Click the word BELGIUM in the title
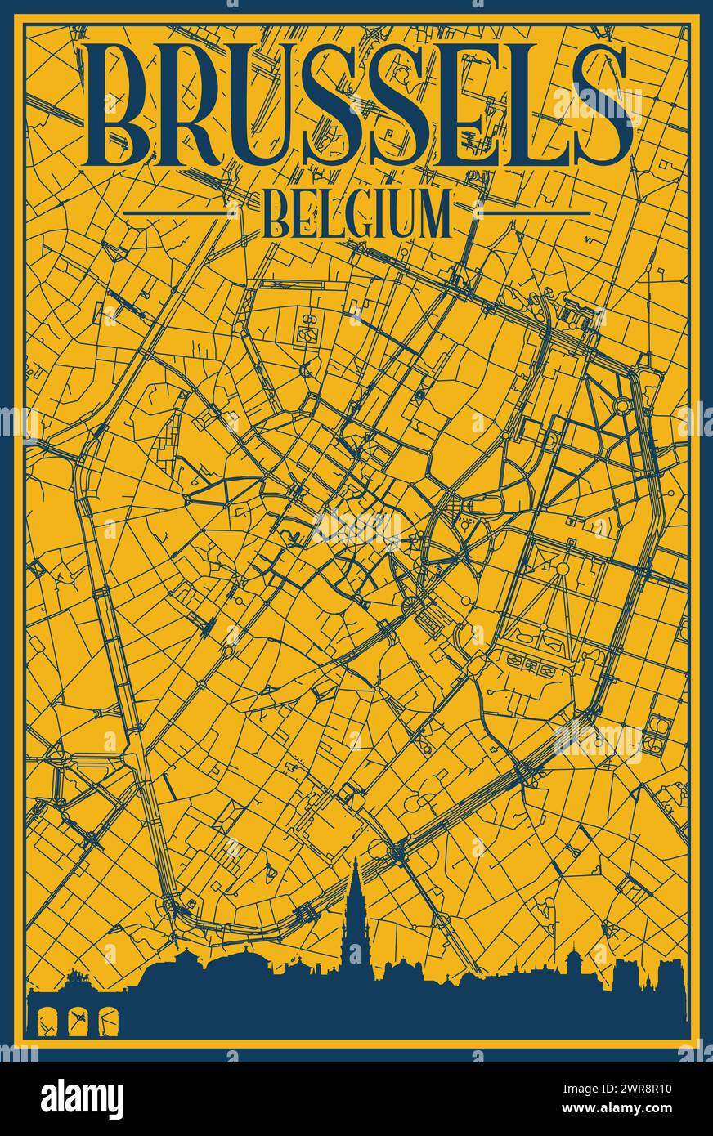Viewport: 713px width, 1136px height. tap(357, 214)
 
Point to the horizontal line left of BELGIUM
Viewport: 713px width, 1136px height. tap(176, 212)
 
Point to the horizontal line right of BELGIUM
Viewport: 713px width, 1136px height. tap(536, 212)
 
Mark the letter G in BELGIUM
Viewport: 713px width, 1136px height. tap(360, 214)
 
